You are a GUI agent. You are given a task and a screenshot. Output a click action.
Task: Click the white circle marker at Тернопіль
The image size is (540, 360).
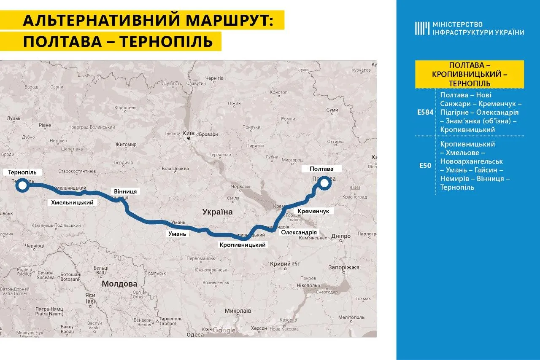tap(23, 185)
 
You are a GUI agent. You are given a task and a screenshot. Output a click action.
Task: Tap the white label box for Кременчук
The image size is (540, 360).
tap(313, 211)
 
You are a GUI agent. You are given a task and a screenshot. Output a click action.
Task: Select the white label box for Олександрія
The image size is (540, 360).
tap(299, 232)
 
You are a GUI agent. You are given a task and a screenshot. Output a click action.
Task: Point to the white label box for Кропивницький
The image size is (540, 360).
tap(243, 244)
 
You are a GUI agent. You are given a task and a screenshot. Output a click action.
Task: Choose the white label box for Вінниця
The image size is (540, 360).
tap(125, 191)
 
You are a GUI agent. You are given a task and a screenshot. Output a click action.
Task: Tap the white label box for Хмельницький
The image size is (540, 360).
tap(72, 203)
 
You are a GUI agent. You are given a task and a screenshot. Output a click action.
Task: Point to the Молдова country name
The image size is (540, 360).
tap(119, 284)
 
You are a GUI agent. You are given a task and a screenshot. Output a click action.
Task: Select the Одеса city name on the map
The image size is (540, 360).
tap(195, 335)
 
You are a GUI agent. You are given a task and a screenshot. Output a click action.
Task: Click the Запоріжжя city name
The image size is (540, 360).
tap(344, 267)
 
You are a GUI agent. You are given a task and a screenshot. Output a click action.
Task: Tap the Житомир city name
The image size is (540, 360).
tap(126, 145)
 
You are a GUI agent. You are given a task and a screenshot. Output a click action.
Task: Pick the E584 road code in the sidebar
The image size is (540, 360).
tap(425, 113)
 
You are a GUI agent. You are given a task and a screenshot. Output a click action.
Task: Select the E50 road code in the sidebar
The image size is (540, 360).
tap(425, 166)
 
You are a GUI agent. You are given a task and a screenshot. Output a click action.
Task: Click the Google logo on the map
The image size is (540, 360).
tap(224, 330)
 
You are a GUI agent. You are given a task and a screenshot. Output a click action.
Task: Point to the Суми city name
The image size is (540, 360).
tap(332, 110)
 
